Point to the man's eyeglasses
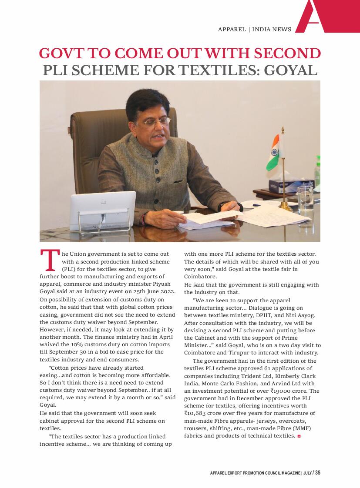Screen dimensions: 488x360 click(x=155, y=121)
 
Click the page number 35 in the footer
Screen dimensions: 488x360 click(x=318, y=473)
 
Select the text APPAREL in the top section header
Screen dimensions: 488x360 click(x=232, y=30)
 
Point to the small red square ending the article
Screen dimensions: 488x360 click(x=299, y=436)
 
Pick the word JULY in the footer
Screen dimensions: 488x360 click(x=307, y=473)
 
